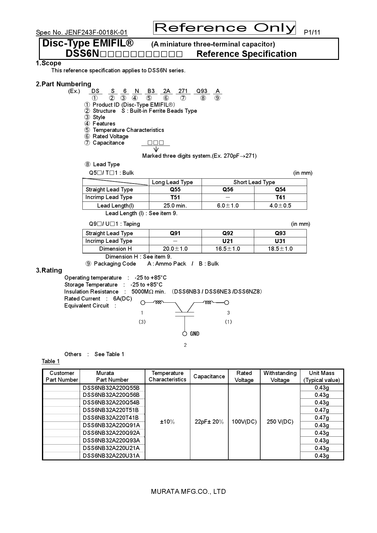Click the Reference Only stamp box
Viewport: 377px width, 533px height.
224,28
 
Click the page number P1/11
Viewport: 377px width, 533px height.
312,33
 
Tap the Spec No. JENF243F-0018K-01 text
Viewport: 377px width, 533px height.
81,33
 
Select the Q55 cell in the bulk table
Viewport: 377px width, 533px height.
175,190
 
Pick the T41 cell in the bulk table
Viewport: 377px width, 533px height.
280,198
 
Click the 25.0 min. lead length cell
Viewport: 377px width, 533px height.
175,206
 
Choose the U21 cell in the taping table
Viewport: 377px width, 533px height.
228,241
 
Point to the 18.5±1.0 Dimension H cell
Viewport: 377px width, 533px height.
280,249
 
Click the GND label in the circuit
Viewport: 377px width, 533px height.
195,334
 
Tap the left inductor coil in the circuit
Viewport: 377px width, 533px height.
158,302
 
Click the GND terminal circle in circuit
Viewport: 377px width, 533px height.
185,334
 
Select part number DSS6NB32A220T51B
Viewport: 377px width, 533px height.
111,410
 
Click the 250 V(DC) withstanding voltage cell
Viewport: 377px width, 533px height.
280,422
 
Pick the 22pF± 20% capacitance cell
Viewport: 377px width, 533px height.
209,422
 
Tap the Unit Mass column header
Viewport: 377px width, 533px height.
321,377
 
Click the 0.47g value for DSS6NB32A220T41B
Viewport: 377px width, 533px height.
322,418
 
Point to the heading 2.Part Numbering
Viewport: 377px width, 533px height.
64,84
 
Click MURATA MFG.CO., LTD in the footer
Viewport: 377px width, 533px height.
188,492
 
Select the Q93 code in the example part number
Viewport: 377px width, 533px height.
202,91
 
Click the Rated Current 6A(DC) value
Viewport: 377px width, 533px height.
122,299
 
